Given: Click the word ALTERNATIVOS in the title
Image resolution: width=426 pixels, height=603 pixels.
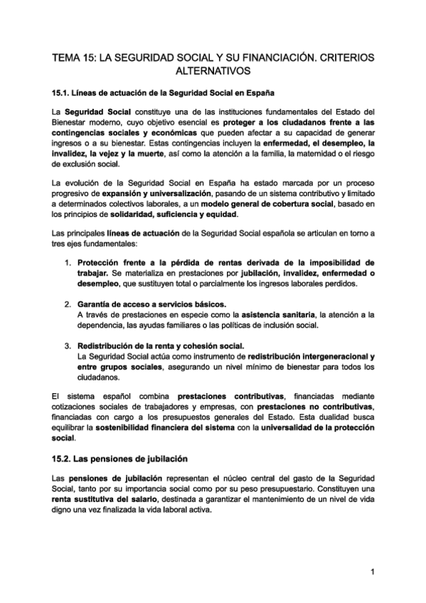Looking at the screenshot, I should (x=213, y=71).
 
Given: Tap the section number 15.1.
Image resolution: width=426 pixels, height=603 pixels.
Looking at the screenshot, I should (x=63, y=93).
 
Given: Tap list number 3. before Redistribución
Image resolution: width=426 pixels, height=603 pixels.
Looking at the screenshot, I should (x=68, y=346).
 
